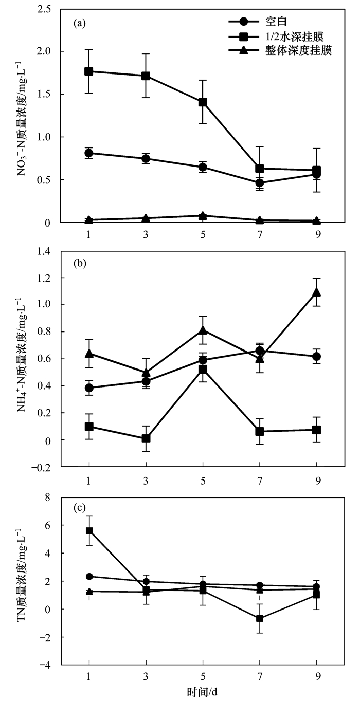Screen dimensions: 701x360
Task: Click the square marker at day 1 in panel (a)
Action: click(x=89, y=71)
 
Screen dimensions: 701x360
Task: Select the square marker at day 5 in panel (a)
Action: click(x=203, y=102)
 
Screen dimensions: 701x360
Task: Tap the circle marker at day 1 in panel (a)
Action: click(x=89, y=153)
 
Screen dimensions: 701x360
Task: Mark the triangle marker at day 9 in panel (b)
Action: click(x=317, y=292)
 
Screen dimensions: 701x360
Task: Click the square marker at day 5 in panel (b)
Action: click(x=203, y=370)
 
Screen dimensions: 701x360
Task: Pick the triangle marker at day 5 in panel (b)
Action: click(x=203, y=330)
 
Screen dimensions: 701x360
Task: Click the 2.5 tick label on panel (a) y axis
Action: click(x=47, y=9)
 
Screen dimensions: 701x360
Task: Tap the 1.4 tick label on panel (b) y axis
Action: click(x=47, y=251)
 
